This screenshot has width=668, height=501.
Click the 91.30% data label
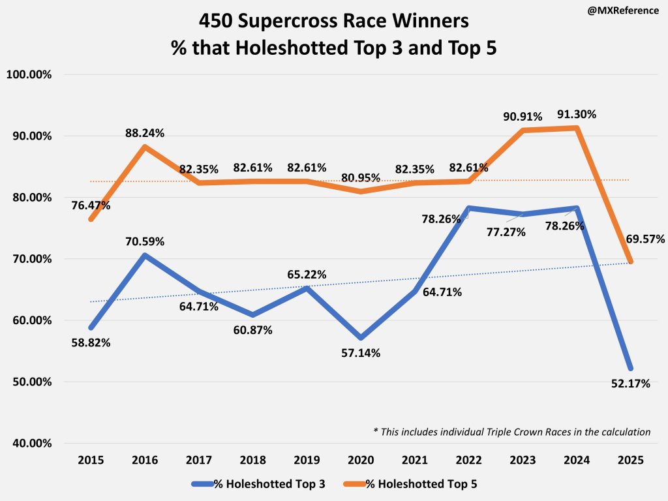pos(577,114)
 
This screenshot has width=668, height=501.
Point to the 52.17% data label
pos(630,384)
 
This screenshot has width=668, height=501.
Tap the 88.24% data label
pos(145,134)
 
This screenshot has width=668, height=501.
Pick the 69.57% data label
pos(645,239)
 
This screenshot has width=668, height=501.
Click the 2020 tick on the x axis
pos(361,459)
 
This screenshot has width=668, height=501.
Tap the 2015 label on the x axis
pos(91,459)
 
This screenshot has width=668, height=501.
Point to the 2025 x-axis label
pos(631,459)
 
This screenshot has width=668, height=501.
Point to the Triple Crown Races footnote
pos(511,431)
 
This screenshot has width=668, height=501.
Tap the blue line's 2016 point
pos(145,255)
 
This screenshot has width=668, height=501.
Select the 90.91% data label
pos(522,117)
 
